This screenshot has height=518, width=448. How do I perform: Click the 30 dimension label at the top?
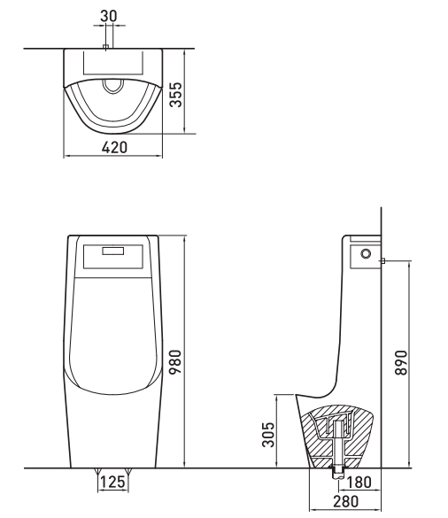[109, 16]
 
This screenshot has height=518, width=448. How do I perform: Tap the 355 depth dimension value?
[175, 95]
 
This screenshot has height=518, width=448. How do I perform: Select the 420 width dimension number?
[114, 147]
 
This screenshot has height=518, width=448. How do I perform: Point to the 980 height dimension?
[175, 362]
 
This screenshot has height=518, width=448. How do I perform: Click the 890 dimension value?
[401, 363]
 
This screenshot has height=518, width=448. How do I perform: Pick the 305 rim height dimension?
[268, 435]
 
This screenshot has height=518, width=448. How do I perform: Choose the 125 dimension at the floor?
[112, 482]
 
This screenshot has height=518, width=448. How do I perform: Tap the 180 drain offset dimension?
[359, 483]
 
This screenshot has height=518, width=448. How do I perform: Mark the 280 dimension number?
[345, 501]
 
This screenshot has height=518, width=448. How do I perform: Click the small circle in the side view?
[366, 254]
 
